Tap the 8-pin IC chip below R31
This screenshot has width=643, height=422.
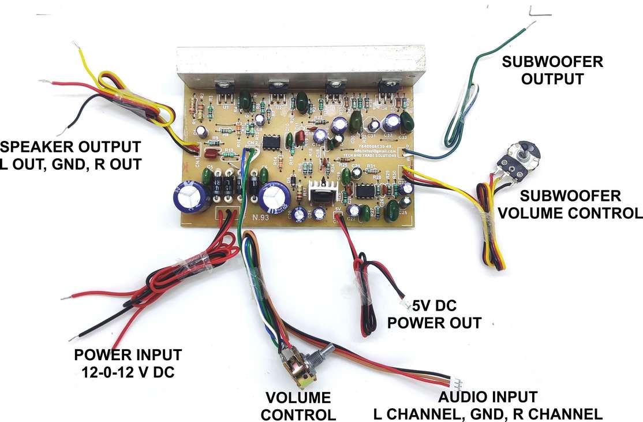coord(364,191)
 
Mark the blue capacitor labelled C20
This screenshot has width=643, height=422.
coord(298,214)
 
